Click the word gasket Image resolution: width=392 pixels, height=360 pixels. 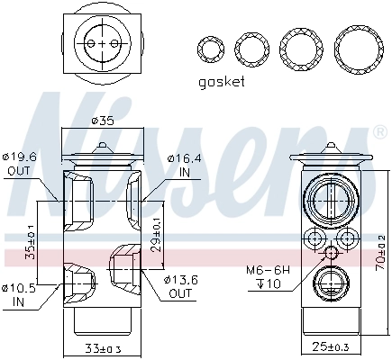pos(220,82)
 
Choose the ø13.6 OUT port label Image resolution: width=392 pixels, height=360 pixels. pos(181,286)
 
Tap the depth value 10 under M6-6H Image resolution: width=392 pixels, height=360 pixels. pos(270,285)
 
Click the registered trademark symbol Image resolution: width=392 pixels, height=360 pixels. pos(378,131)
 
